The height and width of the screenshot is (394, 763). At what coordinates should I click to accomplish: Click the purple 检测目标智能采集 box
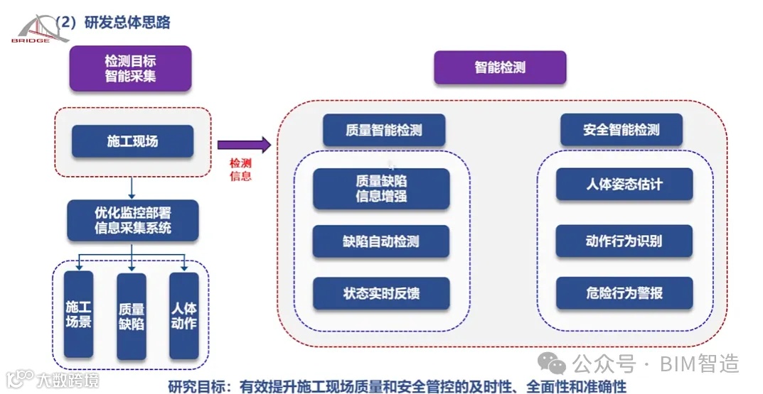click(130, 68)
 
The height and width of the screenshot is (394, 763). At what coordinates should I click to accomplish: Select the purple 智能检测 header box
click(500, 68)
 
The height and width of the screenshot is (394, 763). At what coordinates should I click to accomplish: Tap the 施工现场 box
click(132, 141)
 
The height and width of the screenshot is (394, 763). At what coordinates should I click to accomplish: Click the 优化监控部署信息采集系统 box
click(133, 220)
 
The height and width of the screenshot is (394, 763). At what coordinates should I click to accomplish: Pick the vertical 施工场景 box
click(78, 315)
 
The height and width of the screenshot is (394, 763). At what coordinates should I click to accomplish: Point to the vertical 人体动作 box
click(184, 315)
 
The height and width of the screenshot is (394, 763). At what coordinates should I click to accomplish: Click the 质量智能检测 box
click(384, 130)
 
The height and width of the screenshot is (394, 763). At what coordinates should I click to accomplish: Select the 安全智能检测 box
click(621, 130)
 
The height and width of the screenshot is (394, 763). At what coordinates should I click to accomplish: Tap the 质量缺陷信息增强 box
click(381, 189)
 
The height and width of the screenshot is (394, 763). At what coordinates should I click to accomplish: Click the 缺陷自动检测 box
click(381, 241)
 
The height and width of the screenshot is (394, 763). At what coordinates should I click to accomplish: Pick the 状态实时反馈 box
click(381, 293)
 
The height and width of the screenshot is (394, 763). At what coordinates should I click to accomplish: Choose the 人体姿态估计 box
click(624, 185)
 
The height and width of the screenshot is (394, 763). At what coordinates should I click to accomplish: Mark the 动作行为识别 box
click(624, 241)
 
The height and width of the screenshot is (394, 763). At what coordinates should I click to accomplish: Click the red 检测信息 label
click(240, 170)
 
